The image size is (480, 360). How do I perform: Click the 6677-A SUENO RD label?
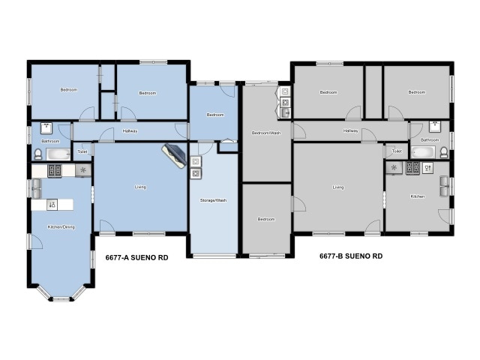coord(136,257)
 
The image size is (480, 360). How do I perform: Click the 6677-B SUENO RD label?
coord(351,256)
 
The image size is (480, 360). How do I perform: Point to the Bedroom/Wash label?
coord(265,133)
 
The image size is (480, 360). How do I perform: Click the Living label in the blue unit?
coord(140,187)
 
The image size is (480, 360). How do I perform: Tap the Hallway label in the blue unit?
coord(129,131)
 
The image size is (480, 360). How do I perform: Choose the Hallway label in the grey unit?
coord(350,130)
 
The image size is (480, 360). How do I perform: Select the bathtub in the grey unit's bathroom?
coord(423,153)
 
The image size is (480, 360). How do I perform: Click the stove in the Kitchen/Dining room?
coord(55,170)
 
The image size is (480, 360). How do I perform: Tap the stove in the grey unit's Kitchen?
coord(412,168)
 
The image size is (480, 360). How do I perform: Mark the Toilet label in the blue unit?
coord(82,151)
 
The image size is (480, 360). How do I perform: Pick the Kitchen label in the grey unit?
coord(417,196)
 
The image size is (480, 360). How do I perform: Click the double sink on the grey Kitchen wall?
coord(445,184)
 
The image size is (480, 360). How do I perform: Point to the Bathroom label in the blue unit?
coord(50,141)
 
